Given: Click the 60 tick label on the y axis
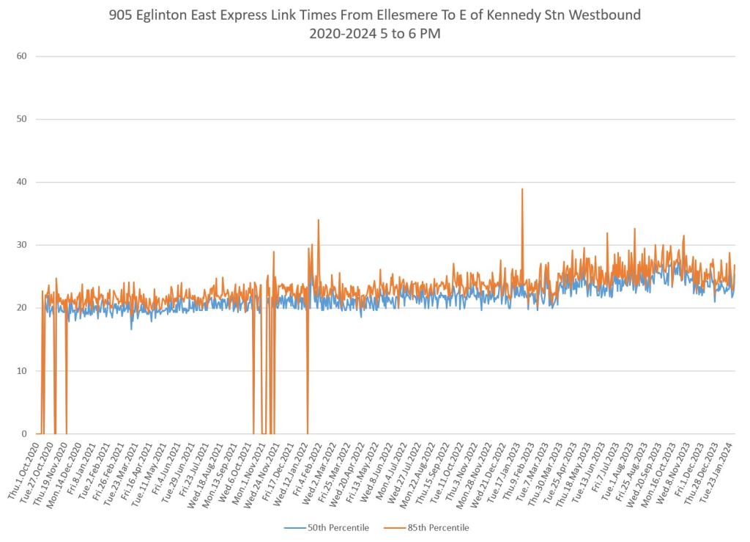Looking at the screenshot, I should [21, 56].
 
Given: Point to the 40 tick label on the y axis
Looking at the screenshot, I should [21, 182].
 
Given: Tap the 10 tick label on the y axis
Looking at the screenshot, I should [21, 371].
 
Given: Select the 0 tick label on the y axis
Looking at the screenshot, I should [24, 434].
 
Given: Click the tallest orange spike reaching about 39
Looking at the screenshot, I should [522, 190].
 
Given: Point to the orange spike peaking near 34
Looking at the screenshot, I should [318, 221].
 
